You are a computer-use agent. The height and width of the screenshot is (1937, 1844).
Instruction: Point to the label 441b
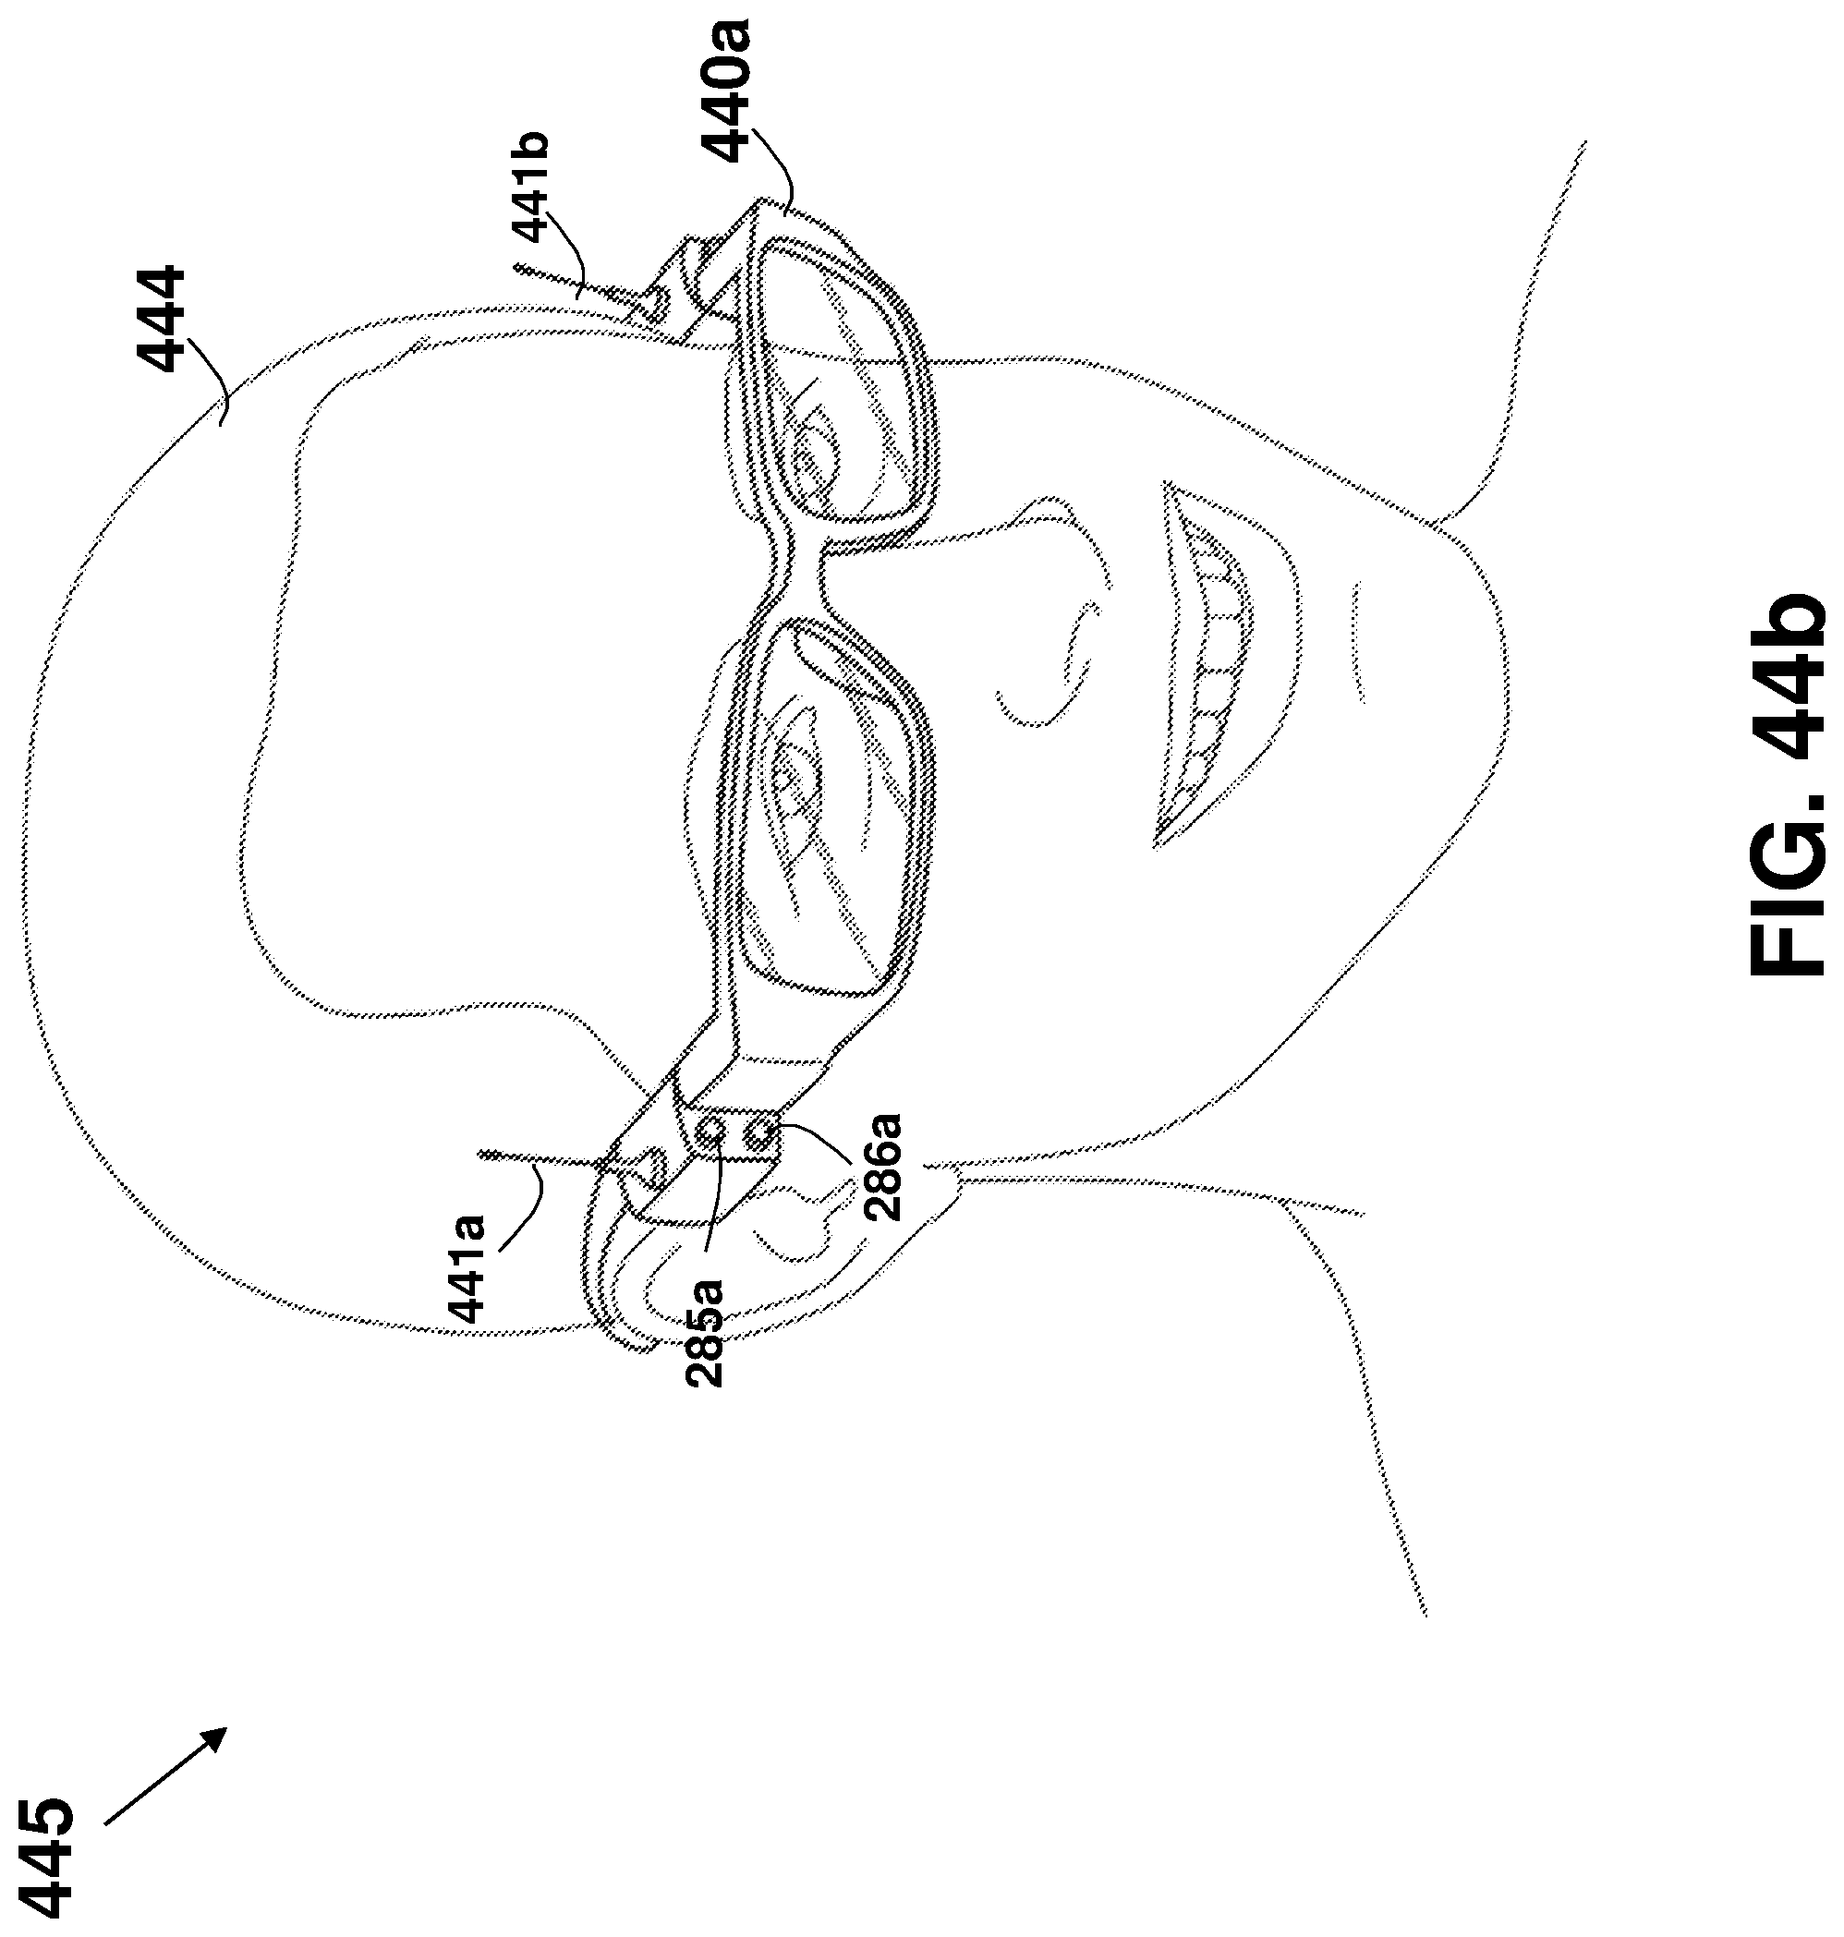coord(531,187)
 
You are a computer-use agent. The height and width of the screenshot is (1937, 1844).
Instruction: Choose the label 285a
coord(705,1332)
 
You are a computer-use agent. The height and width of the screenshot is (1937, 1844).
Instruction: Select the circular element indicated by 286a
coord(758,1136)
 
